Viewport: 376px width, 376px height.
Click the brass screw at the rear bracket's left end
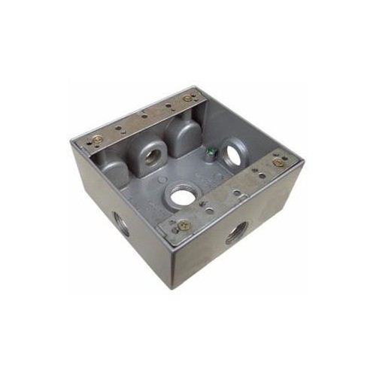(x=96, y=138)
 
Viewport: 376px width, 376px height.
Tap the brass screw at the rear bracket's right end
(x=186, y=98)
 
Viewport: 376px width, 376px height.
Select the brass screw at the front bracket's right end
(x=278, y=162)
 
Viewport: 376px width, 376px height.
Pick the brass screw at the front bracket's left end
(x=183, y=223)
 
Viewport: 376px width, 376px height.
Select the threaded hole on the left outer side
(x=120, y=223)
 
